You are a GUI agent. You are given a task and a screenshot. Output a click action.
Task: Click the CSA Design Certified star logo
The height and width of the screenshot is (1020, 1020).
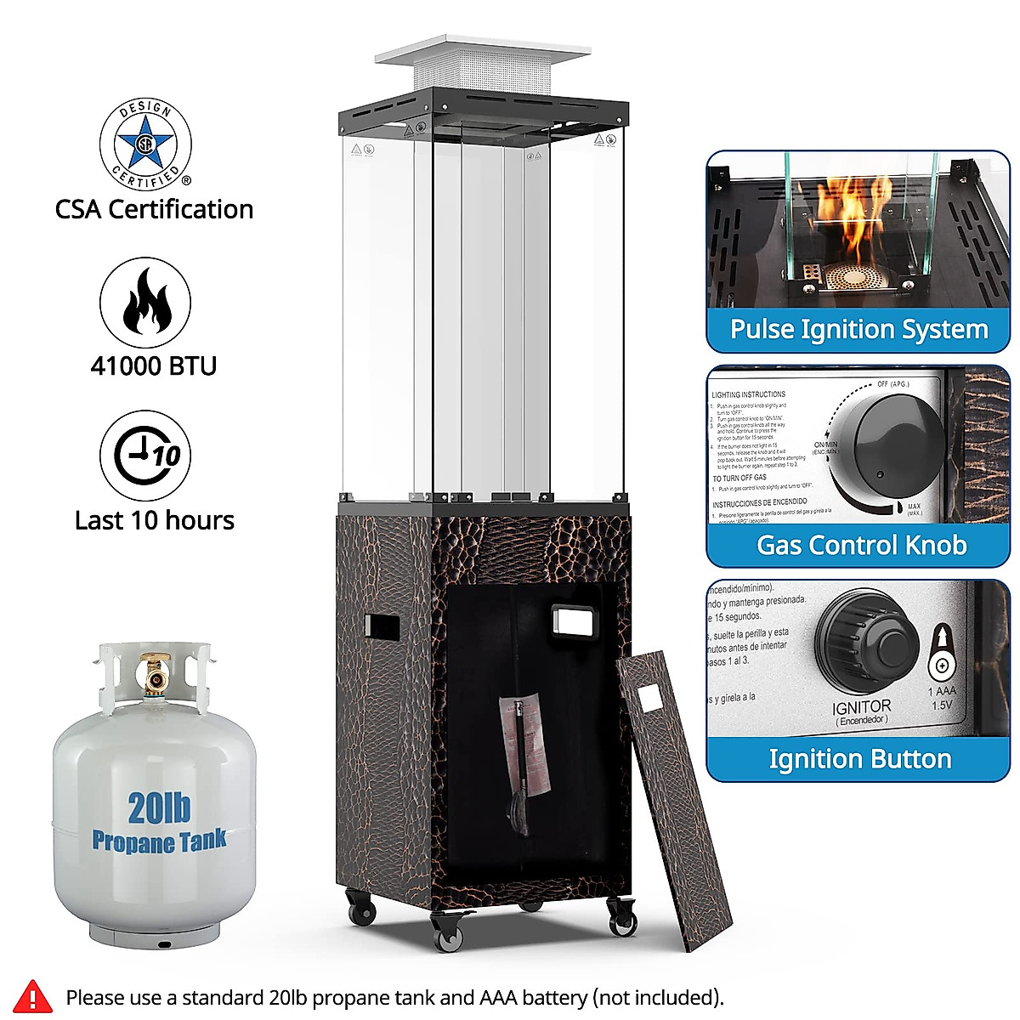[145, 143]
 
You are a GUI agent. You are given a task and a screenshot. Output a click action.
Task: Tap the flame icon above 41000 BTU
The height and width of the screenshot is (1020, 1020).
[145, 303]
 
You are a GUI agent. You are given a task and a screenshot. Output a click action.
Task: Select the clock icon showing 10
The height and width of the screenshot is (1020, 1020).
[145, 455]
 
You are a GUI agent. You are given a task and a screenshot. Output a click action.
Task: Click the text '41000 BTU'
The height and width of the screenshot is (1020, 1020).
[154, 366]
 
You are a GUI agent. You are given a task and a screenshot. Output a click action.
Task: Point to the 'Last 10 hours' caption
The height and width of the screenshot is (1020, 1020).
[155, 520]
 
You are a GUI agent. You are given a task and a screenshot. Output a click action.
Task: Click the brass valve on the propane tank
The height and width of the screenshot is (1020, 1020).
[155, 673]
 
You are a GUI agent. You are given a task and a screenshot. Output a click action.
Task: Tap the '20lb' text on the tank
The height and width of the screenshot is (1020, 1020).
[159, 807]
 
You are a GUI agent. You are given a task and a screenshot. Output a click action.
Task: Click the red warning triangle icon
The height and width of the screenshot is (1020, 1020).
[33, 996]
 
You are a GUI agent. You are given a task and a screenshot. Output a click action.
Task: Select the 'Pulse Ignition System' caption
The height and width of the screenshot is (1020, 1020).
[858, 330]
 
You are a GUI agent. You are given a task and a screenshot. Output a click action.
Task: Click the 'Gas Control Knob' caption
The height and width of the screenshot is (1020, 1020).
[861, 545]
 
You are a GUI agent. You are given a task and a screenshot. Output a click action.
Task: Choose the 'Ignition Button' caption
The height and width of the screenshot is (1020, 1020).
[859, 759]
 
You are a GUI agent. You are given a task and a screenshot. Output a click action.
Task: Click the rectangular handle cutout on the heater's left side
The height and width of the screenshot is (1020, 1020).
[382, 626]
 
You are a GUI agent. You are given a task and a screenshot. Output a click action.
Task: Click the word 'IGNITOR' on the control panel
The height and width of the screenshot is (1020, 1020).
[862, 706]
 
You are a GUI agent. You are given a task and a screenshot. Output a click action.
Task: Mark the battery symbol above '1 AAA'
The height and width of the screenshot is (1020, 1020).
[941, 654]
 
